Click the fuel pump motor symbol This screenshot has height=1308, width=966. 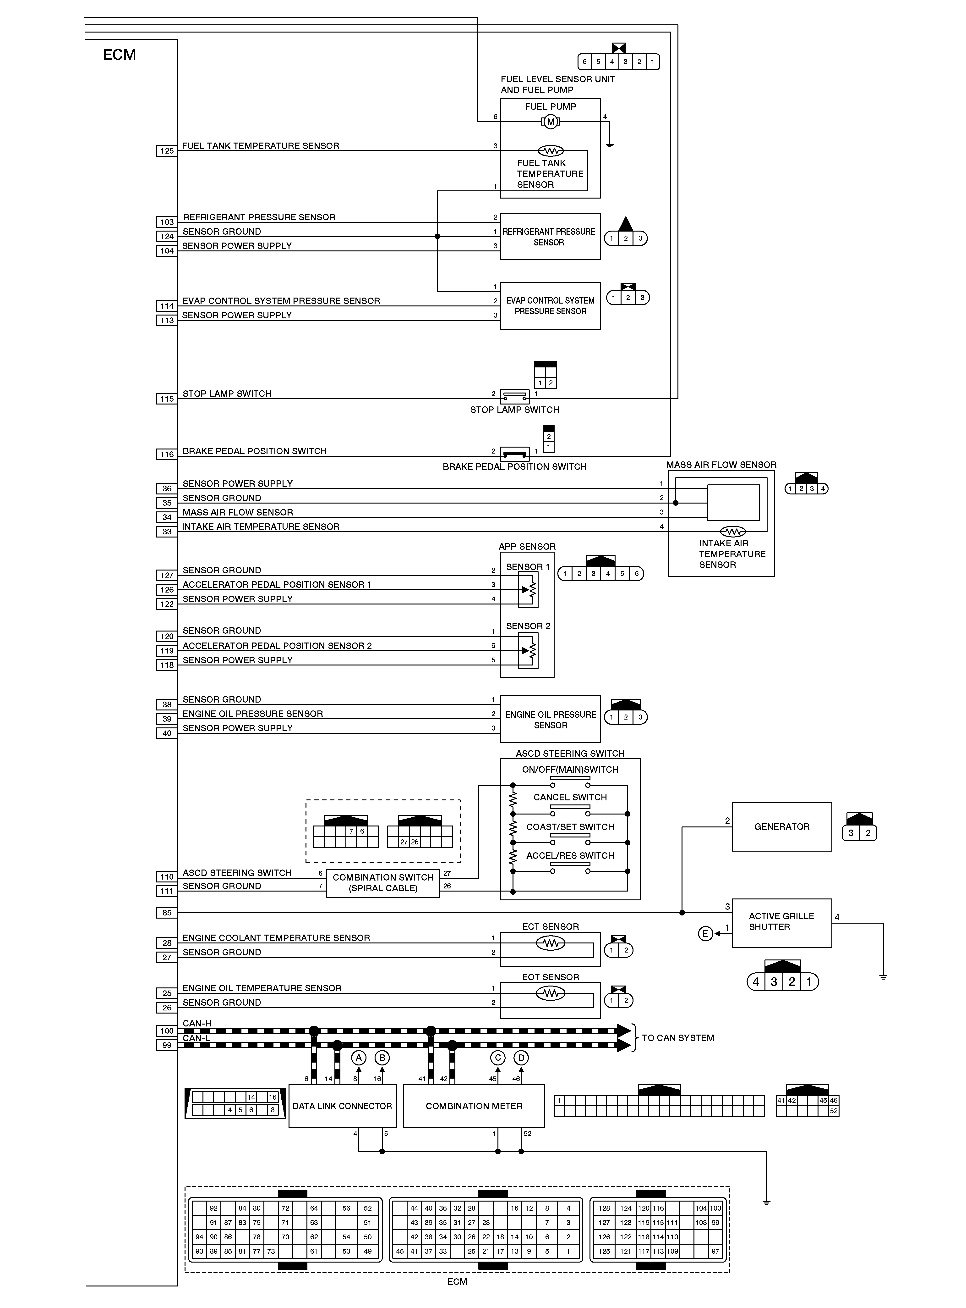tap(550, 122)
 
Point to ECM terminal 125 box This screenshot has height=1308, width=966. tap(167, 151)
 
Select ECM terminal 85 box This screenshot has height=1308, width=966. tap(167, 913)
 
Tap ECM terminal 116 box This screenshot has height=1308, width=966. tap(167, 454)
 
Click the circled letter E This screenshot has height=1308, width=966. tap(705, 934)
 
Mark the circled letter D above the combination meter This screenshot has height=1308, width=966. tap(520, 1058)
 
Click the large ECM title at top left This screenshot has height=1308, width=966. tap(119, 55)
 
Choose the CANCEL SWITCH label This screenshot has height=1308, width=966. tap(570, 797)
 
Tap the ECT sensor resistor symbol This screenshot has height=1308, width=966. tap(550, 943)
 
